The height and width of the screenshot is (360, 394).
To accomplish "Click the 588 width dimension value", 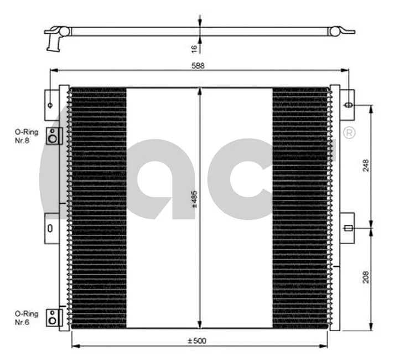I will click(x=198, y=65).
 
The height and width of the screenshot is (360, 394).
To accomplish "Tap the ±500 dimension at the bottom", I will click(x=197, y=341).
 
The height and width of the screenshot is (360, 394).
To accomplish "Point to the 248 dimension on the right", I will click(x=366, y=166).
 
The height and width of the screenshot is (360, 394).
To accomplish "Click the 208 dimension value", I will click(x=366, y=279).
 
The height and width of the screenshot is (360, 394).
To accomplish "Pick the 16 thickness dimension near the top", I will click(x=194, y=49).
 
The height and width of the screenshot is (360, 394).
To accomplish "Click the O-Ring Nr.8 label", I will click(x=27, y=136).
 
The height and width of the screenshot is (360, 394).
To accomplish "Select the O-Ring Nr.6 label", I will click(x=27, y=317).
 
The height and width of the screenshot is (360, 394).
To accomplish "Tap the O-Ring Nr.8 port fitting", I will click(x=53, y=136).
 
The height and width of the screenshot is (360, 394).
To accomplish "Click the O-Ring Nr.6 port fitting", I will click(x=53, y=317).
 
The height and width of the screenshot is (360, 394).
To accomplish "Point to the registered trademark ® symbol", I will click(x=349, y=133).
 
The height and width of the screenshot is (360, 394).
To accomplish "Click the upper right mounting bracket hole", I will click(x=349, y=105).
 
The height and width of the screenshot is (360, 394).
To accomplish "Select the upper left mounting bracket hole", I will click(x=50, y=105).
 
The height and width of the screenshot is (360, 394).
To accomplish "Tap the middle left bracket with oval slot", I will click(x=50, y=228).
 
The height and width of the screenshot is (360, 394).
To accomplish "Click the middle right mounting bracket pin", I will click(x=348, y=228).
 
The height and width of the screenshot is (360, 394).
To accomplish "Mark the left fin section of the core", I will click(x=98, y=208).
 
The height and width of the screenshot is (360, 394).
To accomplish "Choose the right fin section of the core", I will click(x=300, y=208).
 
